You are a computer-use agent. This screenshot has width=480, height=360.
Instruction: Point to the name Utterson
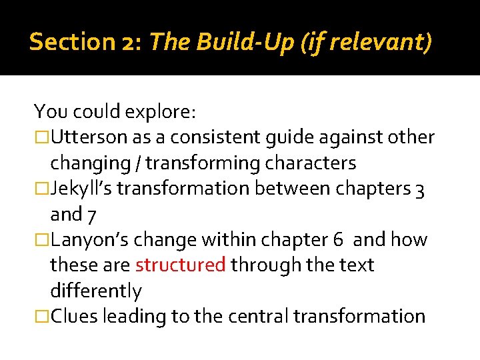(x=92, y=137)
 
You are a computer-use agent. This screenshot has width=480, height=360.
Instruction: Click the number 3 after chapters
(x=420, y=189)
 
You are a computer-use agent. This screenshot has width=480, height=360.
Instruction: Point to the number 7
(x=95, y=215)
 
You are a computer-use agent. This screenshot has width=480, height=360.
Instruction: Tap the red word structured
(x=180, y=265)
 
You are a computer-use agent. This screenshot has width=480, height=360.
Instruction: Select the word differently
(x=96, y=291)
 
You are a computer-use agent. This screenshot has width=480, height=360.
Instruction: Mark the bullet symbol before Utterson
(x=42, y=138)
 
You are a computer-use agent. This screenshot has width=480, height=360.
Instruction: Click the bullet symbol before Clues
(x=42, y=316)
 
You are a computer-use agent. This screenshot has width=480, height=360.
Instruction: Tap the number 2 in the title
(x=127, y=43)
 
